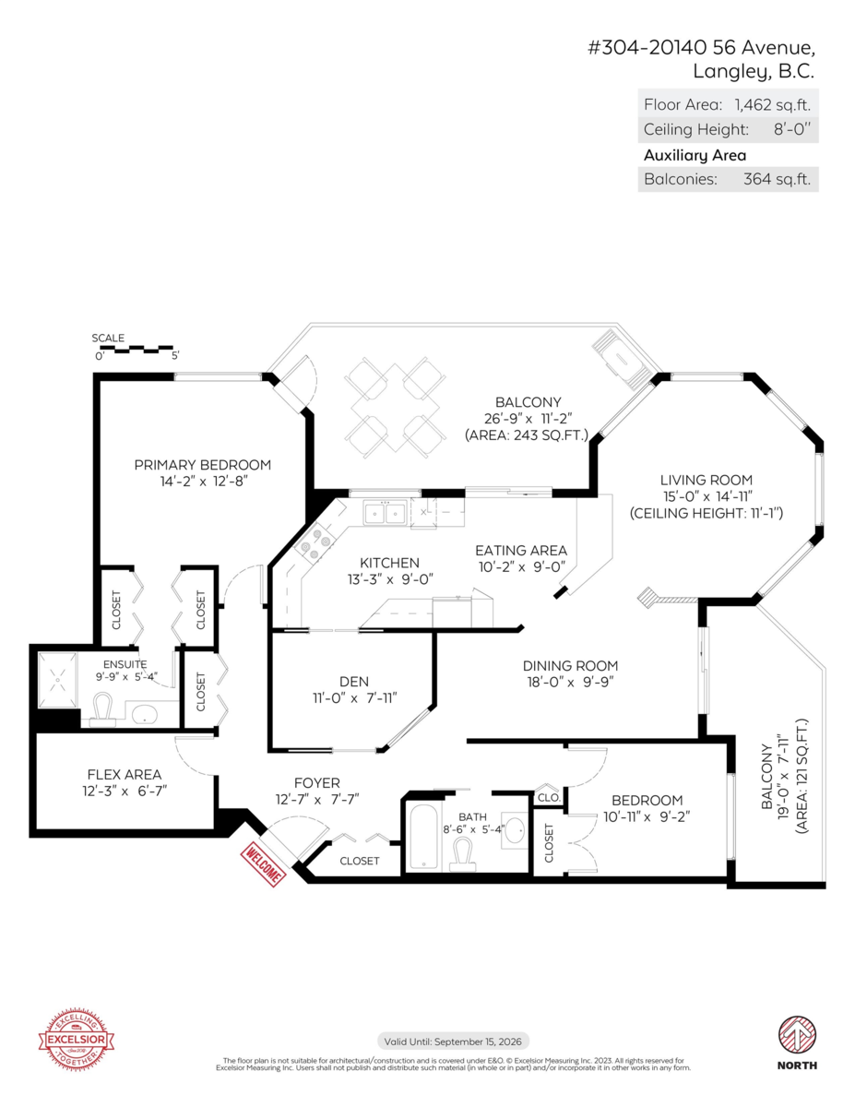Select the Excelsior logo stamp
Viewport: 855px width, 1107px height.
point(77,1040)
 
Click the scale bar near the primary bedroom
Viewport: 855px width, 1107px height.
point(136,350)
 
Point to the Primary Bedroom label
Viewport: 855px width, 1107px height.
point(203,465)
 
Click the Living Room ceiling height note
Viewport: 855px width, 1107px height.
point(707,513)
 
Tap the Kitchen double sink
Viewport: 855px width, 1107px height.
point(385,513)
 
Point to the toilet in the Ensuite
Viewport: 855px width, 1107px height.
point(103,709)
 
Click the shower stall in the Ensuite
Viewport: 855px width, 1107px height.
point(57,680)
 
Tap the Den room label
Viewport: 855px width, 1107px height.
point(354,682)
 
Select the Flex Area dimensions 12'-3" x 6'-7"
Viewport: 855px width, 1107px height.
point(125,792)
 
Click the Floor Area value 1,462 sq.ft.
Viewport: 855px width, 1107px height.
point(772,104)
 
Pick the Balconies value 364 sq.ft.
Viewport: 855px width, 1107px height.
point(777,179)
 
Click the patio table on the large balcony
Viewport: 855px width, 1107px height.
point(395,408)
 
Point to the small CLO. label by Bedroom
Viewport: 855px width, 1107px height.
point(549,797)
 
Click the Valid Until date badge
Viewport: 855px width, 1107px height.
point(453,1042)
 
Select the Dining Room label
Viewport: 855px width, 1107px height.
point(570,666)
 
